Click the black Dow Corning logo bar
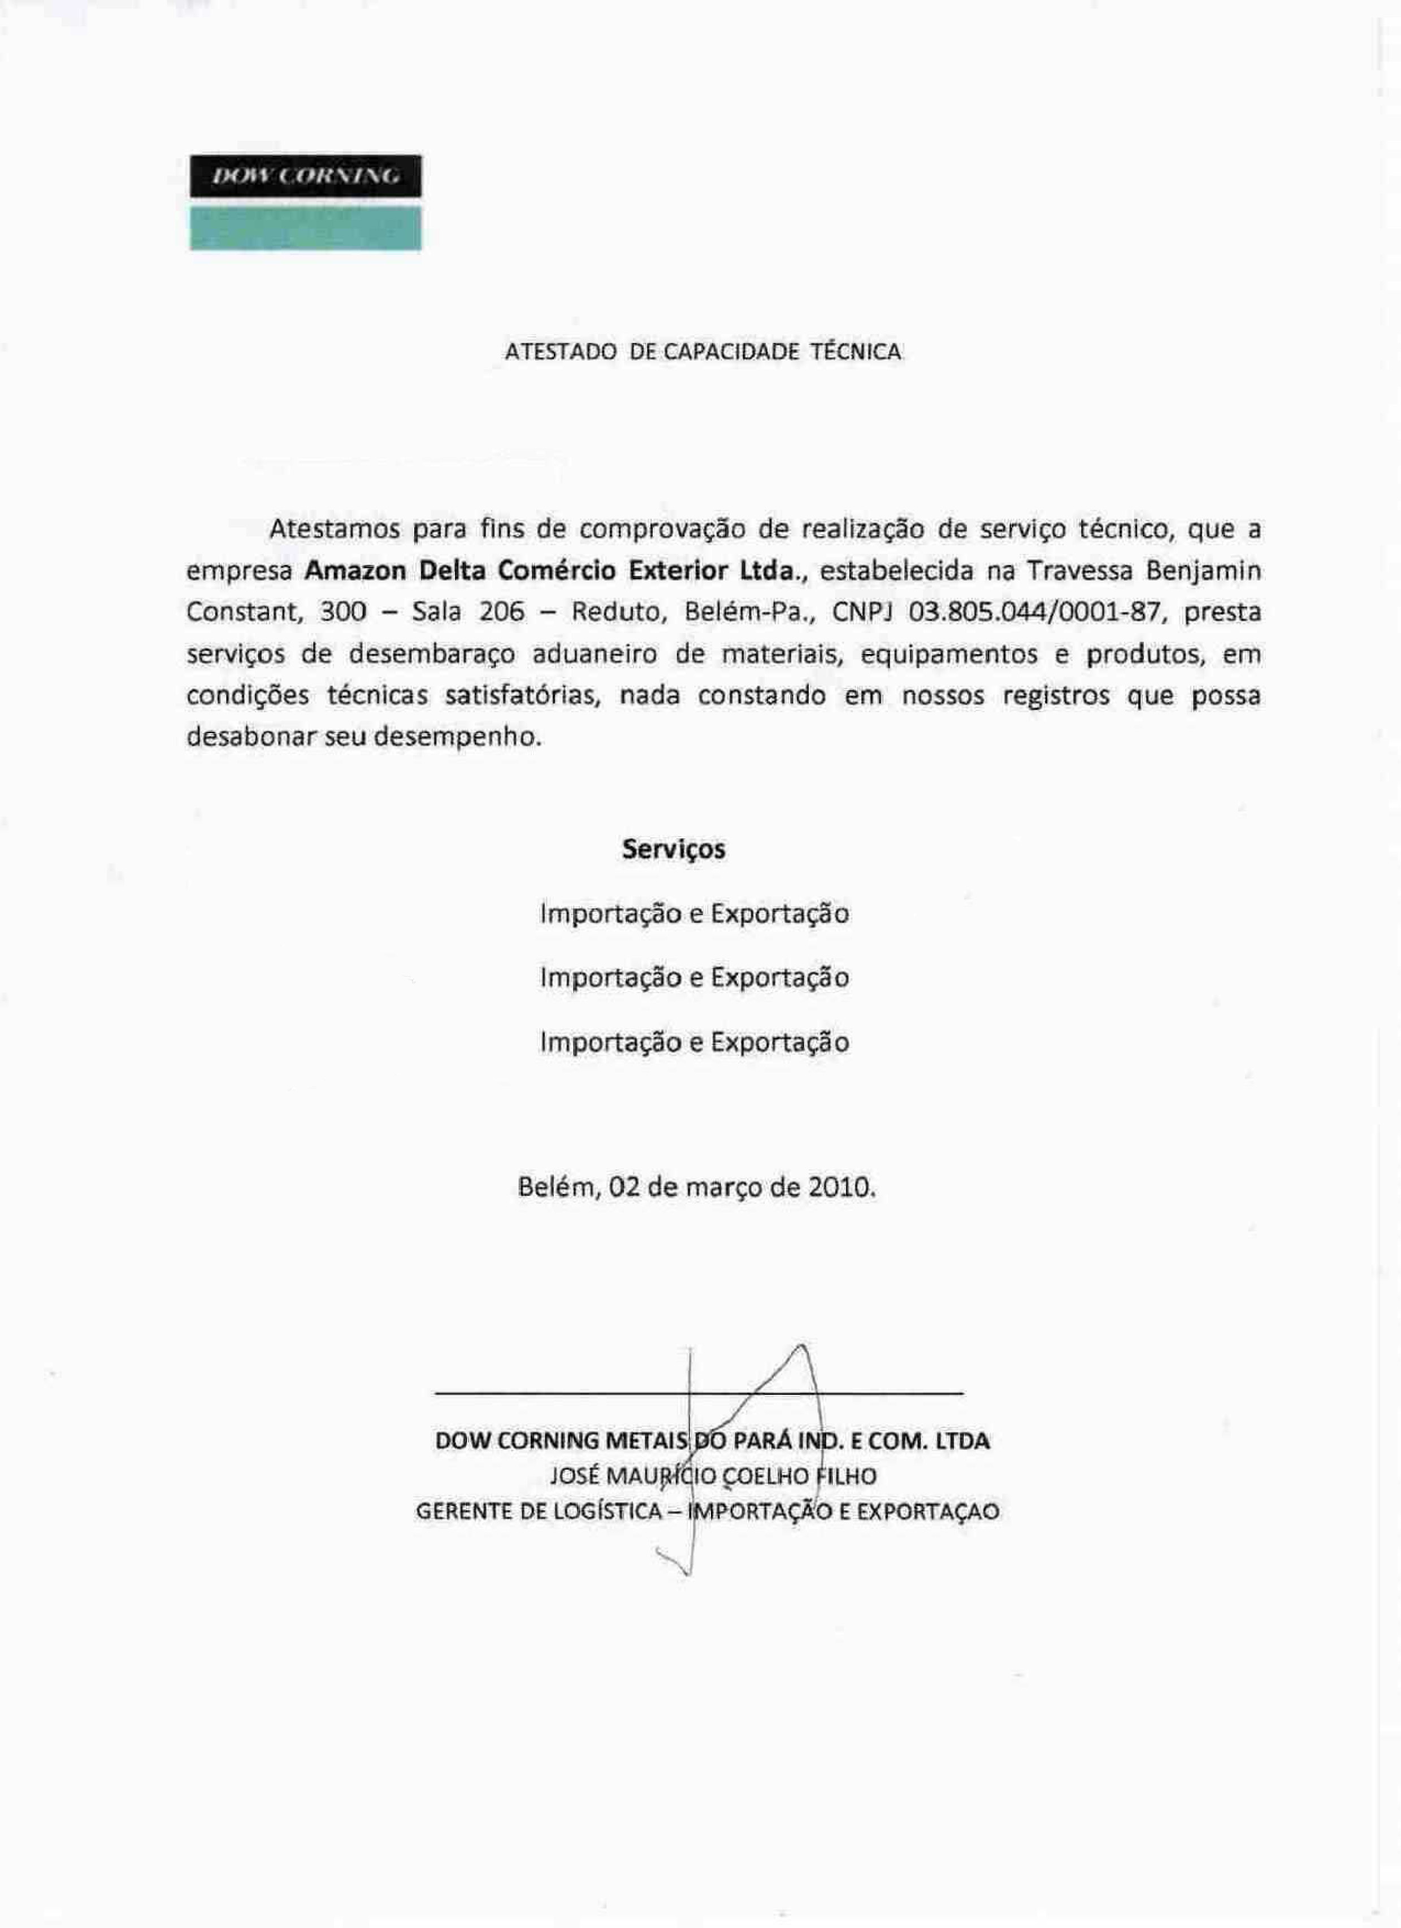[x=305, y=176]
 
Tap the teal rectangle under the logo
[x=305, y=229]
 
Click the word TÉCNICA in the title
[x=856, y=352]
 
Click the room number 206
[x=502, y=612]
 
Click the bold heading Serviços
[x=673, y=849]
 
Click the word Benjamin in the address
[x=1203, y=570]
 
